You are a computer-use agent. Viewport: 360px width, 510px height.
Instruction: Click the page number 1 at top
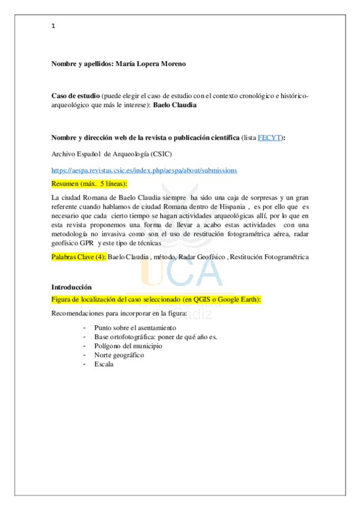coord(53,26)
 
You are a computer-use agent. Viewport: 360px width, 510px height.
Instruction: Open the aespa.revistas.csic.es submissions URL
coord(144,170)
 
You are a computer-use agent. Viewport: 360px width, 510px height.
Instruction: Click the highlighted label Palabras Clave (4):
coord(78,257)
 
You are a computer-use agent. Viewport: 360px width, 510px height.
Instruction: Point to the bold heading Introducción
coord(72,287)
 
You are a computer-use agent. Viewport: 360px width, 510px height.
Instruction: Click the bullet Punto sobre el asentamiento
coord(135,328)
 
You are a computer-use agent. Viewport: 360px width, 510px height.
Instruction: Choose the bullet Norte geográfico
coord(119,355)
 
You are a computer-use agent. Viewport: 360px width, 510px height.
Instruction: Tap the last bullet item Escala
coord(103,364)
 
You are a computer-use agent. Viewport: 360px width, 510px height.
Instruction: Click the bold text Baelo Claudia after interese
coord(175,105)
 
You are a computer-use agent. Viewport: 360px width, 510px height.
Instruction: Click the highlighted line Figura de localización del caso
coord(160,300)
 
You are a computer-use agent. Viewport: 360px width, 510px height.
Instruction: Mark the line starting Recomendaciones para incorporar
coord(119,313)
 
